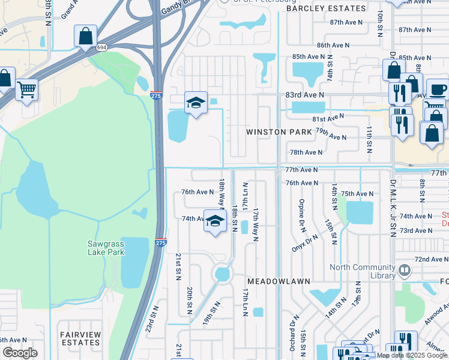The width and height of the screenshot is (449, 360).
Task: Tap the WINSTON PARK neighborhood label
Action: tap(279, 131)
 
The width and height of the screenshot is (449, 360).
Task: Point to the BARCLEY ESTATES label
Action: tap(326, 8)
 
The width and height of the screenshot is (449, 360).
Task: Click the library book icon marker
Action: tap(404, 271)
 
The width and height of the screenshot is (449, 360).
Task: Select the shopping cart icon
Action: tap(27, 90)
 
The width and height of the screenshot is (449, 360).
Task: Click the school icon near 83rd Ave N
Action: tap(196, 103)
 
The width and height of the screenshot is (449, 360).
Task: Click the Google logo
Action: tap(20, 352)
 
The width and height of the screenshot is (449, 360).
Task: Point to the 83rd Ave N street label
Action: tap(304, 95)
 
